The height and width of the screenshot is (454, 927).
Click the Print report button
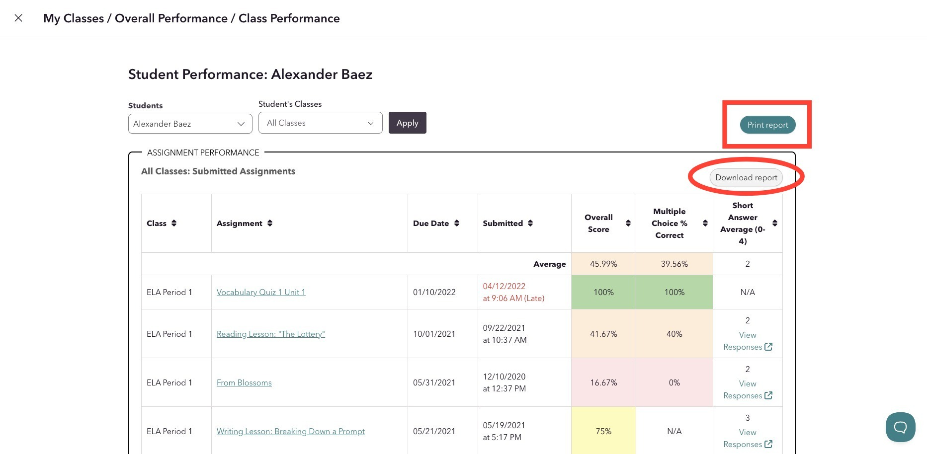(x=767, y=125)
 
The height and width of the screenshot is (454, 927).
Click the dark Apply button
(x=408, y=123)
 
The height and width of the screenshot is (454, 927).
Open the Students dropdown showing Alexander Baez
(x=190, y=124)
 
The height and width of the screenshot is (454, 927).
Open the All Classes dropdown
(x=321, y=123)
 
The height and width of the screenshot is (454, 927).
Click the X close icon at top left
(x=18, y=18)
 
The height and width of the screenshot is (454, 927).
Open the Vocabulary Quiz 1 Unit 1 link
(x=261, y=292)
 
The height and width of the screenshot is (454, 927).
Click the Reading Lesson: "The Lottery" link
(x=271, y=334)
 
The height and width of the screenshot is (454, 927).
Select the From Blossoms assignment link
(x=244, y=382)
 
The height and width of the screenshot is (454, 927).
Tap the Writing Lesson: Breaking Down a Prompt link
(x=291, y=431)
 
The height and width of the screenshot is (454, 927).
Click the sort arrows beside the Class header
(x=174, y=223)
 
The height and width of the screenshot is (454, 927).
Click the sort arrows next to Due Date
(x=457, y=223)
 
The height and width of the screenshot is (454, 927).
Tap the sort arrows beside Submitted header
(x=530, y=223)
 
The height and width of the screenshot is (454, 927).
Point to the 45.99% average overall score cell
(x=603, y=264)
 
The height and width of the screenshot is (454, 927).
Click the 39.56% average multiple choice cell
(x=674, y=264)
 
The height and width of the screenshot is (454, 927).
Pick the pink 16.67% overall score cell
(x=603, y=382)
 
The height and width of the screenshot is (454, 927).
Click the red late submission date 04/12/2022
(x=504, y=286)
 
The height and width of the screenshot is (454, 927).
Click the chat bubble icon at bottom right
(x=900, y=427)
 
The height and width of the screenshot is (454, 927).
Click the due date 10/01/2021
(x=434, y=334)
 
